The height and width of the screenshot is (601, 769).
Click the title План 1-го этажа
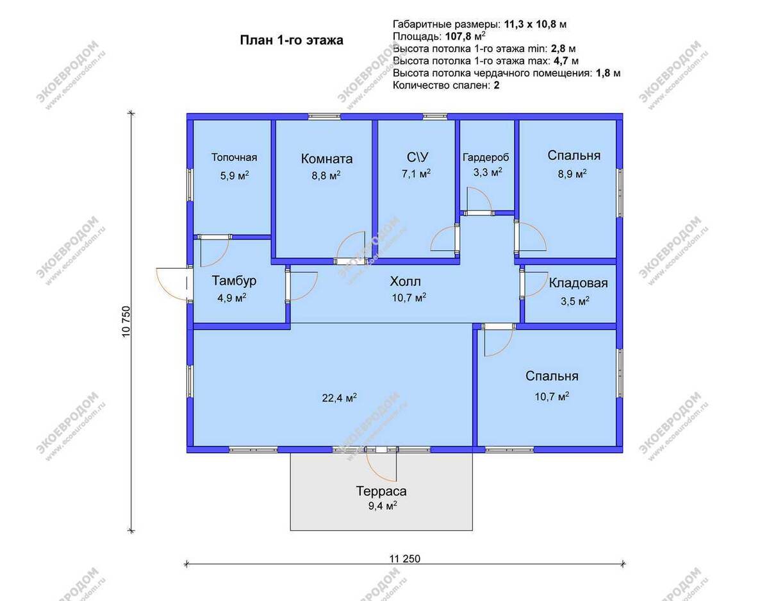291,40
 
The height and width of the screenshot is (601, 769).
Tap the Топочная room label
234,157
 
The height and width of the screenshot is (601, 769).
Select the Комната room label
327,158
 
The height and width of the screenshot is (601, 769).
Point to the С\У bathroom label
418,157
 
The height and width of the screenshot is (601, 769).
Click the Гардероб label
486,157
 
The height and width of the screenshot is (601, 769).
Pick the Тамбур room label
234,280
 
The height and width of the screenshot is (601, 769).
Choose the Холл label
405,282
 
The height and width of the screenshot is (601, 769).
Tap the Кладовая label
578,283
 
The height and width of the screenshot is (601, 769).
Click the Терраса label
381,491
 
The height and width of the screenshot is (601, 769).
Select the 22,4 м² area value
339,398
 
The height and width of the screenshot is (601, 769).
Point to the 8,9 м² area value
572,174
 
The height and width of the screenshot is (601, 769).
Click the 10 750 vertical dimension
126,321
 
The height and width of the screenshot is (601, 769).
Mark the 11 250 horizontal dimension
405,559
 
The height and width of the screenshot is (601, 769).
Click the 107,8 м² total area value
465,36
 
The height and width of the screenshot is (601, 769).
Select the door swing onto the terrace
381,466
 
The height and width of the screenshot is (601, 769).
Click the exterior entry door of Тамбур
172,284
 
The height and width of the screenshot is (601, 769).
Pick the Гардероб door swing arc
479,199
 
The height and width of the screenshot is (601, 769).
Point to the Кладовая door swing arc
536,284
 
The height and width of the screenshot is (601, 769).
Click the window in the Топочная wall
190,185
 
